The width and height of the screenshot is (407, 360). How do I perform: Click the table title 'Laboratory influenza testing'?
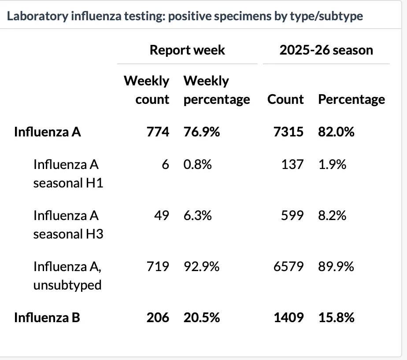(x=86, y=16)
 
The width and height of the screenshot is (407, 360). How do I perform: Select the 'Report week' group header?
(x=187, y=50)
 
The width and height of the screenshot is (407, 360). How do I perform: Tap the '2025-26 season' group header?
(x=326, y=50)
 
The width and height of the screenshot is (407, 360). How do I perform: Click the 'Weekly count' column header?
(x=147, y=90)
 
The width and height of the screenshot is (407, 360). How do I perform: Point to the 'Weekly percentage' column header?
(x=217, y=90)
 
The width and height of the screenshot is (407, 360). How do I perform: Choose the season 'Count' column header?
(x=285, y=99)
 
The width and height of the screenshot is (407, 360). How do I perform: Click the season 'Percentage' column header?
(x=351, y=99)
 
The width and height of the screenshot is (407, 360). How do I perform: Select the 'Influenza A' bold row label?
(x=48, y=132)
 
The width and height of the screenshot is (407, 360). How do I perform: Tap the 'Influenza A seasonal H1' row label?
(x=68, y=173)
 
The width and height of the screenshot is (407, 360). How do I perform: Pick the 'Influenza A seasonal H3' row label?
(x=68, y=224)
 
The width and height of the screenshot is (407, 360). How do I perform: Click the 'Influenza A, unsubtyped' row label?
(x=67, y=276)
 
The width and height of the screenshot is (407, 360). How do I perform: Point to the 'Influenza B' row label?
(x=47, y=317)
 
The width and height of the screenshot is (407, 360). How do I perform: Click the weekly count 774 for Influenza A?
(x=158, y=132)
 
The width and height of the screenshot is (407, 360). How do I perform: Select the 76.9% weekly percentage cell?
(x=202, y=132)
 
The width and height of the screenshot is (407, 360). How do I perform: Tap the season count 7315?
(x=289, y=132)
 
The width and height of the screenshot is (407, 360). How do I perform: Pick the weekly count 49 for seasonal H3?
(x=162, y=216)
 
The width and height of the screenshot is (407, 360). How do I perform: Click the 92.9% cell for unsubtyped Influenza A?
(x=202, y=267)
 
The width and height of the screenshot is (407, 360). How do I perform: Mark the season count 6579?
(x=289, y=267)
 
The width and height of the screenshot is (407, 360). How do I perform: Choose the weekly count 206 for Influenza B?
(x=158, y=317)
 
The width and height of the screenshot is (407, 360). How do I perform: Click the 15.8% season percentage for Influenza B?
(x=337, y=317)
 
